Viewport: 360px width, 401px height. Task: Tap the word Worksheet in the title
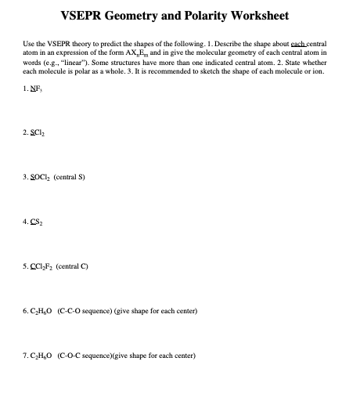(257, 15)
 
